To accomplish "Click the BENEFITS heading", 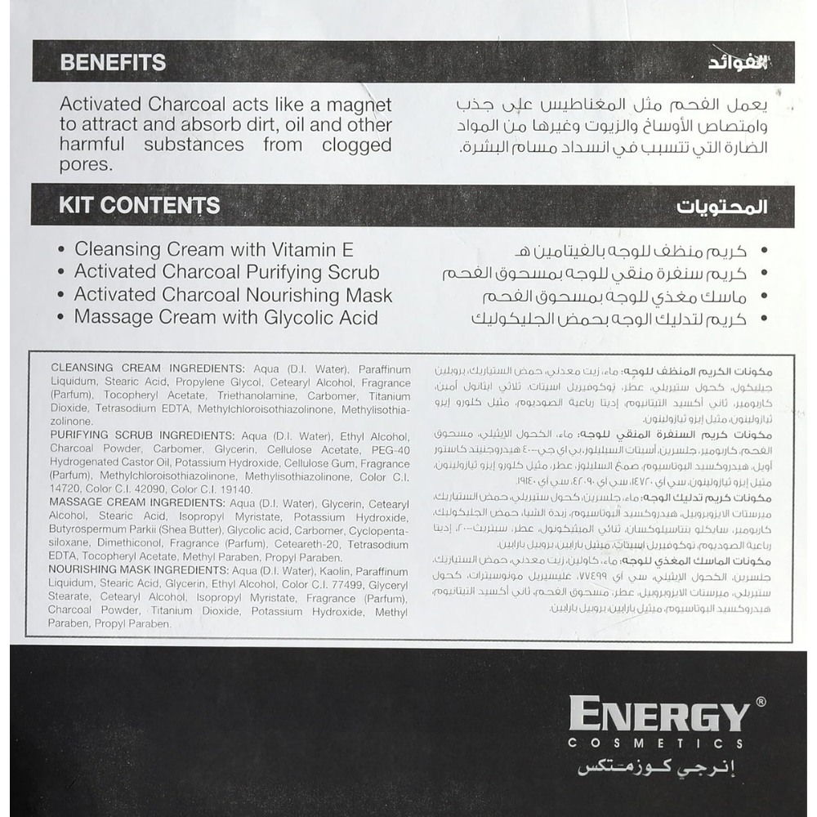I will pyautogui.click(x=113, y=62).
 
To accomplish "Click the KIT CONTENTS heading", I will pyautogui.click(x=139, y=205).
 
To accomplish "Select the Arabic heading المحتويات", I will pyautogui.click(x=721, y=206).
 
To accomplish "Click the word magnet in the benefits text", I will pyautogui.click(x=358, y=105).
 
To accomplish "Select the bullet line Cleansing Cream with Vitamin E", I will pyautogui.click(x=214, y=250).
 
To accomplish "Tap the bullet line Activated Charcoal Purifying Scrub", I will pyautogui.click(x=226, y=273).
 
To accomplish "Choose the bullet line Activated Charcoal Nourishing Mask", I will pyautogui.click(x=233, y=296).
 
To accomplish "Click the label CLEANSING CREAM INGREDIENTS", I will pyautogui.click(x=147, y=368).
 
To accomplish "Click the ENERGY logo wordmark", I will pyautogui.click(x=659, y=717).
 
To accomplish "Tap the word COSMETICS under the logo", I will pyautogui.click(x=657, y=744).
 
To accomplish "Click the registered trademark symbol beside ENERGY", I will pyautogui.click(x=761, y=702).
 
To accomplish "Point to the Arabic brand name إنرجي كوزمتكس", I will pyautogui.click(x=660, y=769).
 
